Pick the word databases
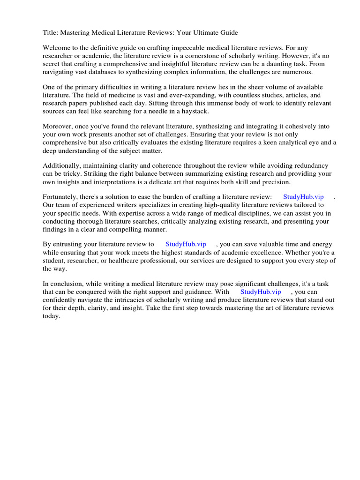(107, 72)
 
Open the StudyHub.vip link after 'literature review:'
(303, 197)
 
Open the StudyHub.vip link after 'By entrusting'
(186, 244)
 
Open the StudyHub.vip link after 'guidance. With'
(261, 292)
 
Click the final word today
(52, 315)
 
